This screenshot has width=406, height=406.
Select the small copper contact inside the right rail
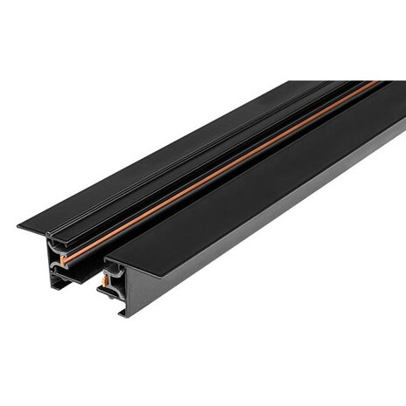tap(113, 278)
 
